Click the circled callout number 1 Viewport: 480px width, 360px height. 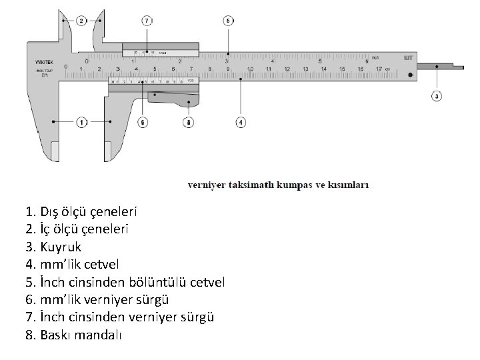(x=82, y=123)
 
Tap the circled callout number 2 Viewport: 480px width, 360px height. (x=82, y=21)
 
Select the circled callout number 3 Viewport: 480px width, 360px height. (x=437, y=96)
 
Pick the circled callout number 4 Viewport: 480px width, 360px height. (x=241, y=123)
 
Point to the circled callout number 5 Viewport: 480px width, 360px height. (x=228, y=21)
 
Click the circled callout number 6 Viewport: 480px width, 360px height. (x=142, y=123)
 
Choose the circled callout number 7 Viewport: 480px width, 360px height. (x=146, y=21)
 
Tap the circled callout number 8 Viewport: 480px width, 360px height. (x=189, y=123)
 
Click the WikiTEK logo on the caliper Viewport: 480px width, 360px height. (x=45, y=63)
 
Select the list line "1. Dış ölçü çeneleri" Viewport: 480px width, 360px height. (x=81, y=213)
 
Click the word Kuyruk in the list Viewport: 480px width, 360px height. (x=61, y=246)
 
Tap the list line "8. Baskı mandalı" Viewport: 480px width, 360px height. (x=73, y=334)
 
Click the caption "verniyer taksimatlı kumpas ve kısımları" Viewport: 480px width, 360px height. (x=278, y=185)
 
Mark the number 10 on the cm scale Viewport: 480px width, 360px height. (x=249, y=69)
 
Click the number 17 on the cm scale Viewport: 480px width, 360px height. (x=379, y=69)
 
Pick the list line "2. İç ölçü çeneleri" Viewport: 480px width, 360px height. (x=77, y=229)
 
